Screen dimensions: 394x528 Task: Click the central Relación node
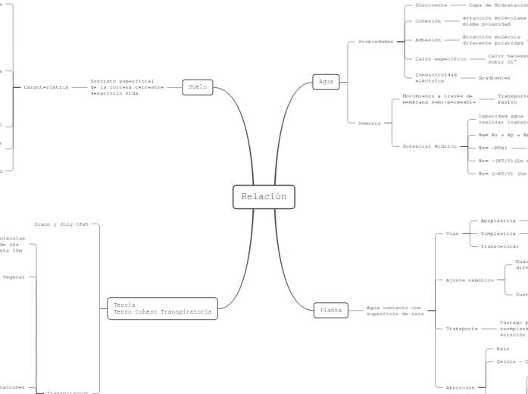pos(264,197)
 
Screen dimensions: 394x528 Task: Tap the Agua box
pos(326,81)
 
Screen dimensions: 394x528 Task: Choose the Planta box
pos(330,309)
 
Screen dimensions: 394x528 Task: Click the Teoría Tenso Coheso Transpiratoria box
pos(161,308)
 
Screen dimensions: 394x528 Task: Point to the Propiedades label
pos(376,42)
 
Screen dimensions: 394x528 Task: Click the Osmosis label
pos(370,122)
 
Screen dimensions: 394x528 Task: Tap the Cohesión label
pos(427,21)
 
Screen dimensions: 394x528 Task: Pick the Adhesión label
pos(428,39)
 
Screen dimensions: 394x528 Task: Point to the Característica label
pos(45,87)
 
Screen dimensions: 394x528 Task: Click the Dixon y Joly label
pos(62,224)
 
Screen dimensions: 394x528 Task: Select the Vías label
pos(452,233)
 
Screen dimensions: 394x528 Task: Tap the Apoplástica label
pos(498,220)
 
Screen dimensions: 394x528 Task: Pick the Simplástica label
pos(498,233)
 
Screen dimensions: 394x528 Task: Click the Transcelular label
pos(500,246)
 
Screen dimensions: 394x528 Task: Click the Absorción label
pos(460,387)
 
